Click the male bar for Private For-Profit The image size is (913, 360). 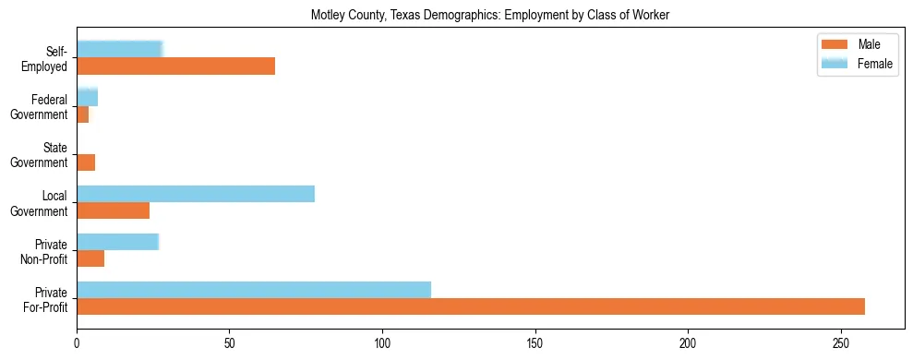(471, 306)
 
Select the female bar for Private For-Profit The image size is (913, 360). (254, 290)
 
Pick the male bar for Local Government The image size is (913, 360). (113, 210)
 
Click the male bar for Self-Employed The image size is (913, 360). (175, 66)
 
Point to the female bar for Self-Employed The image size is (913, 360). (120, 49)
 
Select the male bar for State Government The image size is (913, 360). (86, 162)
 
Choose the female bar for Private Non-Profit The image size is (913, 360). (118, 242)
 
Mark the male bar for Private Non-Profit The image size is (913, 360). (90, 258)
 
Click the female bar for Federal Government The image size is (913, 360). (88, 97)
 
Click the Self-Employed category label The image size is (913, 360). (46, 58)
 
